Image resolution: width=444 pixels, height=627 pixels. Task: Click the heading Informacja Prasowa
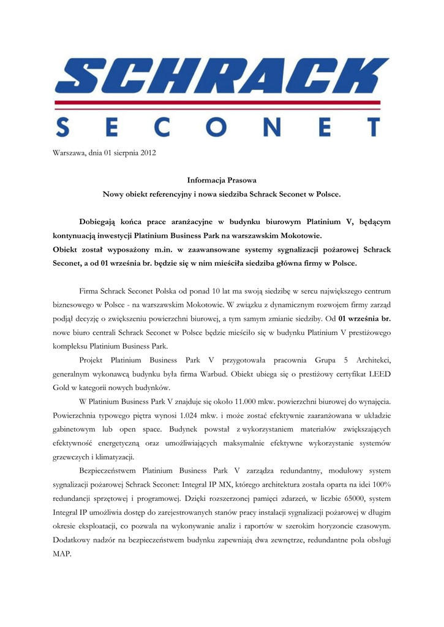pos(221,181)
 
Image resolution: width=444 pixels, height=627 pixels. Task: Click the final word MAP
pos(62,554)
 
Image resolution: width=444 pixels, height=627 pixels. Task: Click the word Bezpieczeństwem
pos(108,471)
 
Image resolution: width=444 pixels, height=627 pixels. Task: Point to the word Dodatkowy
pos(73,540)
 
